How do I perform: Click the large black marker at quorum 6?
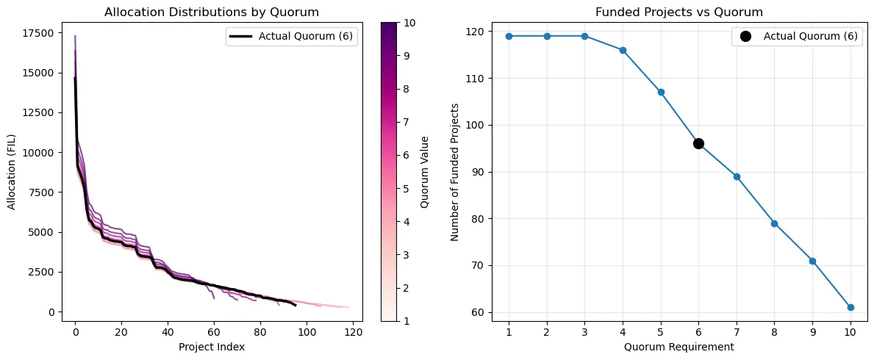point(698,143)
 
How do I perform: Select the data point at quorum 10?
point(850,307)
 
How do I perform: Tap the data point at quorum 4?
point(623,50)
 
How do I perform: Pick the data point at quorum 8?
point(774,223)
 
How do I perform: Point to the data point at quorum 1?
point(509,36)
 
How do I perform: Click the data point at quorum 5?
point(661,92)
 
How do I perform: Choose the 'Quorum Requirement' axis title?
point(679,346)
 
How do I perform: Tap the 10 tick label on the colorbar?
point(410,23)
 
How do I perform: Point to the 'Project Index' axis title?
point(212,346)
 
